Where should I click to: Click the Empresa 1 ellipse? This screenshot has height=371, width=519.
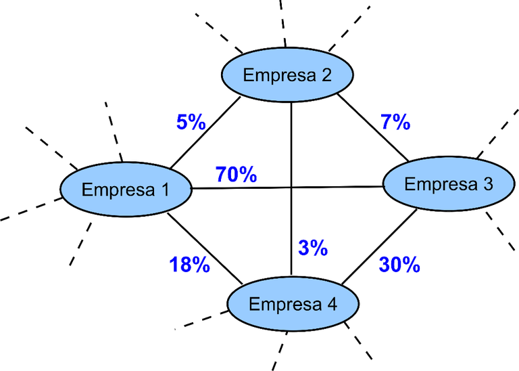click(x=126, y=190)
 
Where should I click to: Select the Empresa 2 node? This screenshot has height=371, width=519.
click(x=288, y=74)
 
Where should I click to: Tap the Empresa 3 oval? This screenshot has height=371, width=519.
click(x=449, y=184)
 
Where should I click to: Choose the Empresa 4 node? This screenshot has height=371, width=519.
click(x=293, y=304)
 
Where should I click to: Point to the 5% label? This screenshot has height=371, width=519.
click(x=191, y=122)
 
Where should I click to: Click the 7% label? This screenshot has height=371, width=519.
click(x=395, y=122)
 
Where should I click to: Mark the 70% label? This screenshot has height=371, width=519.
click(x=235, y=175)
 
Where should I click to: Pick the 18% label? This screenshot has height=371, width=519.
click(x=190, y=265)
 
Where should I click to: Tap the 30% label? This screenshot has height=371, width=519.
click(x=399, y=264)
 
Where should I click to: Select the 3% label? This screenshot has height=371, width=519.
click(x=313, y=248)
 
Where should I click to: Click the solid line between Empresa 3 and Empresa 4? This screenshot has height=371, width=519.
click(x=378, y=247)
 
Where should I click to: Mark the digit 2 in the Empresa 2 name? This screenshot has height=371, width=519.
click(x=326, y=74)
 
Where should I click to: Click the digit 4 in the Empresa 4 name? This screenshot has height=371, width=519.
click(x=331, y=304)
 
